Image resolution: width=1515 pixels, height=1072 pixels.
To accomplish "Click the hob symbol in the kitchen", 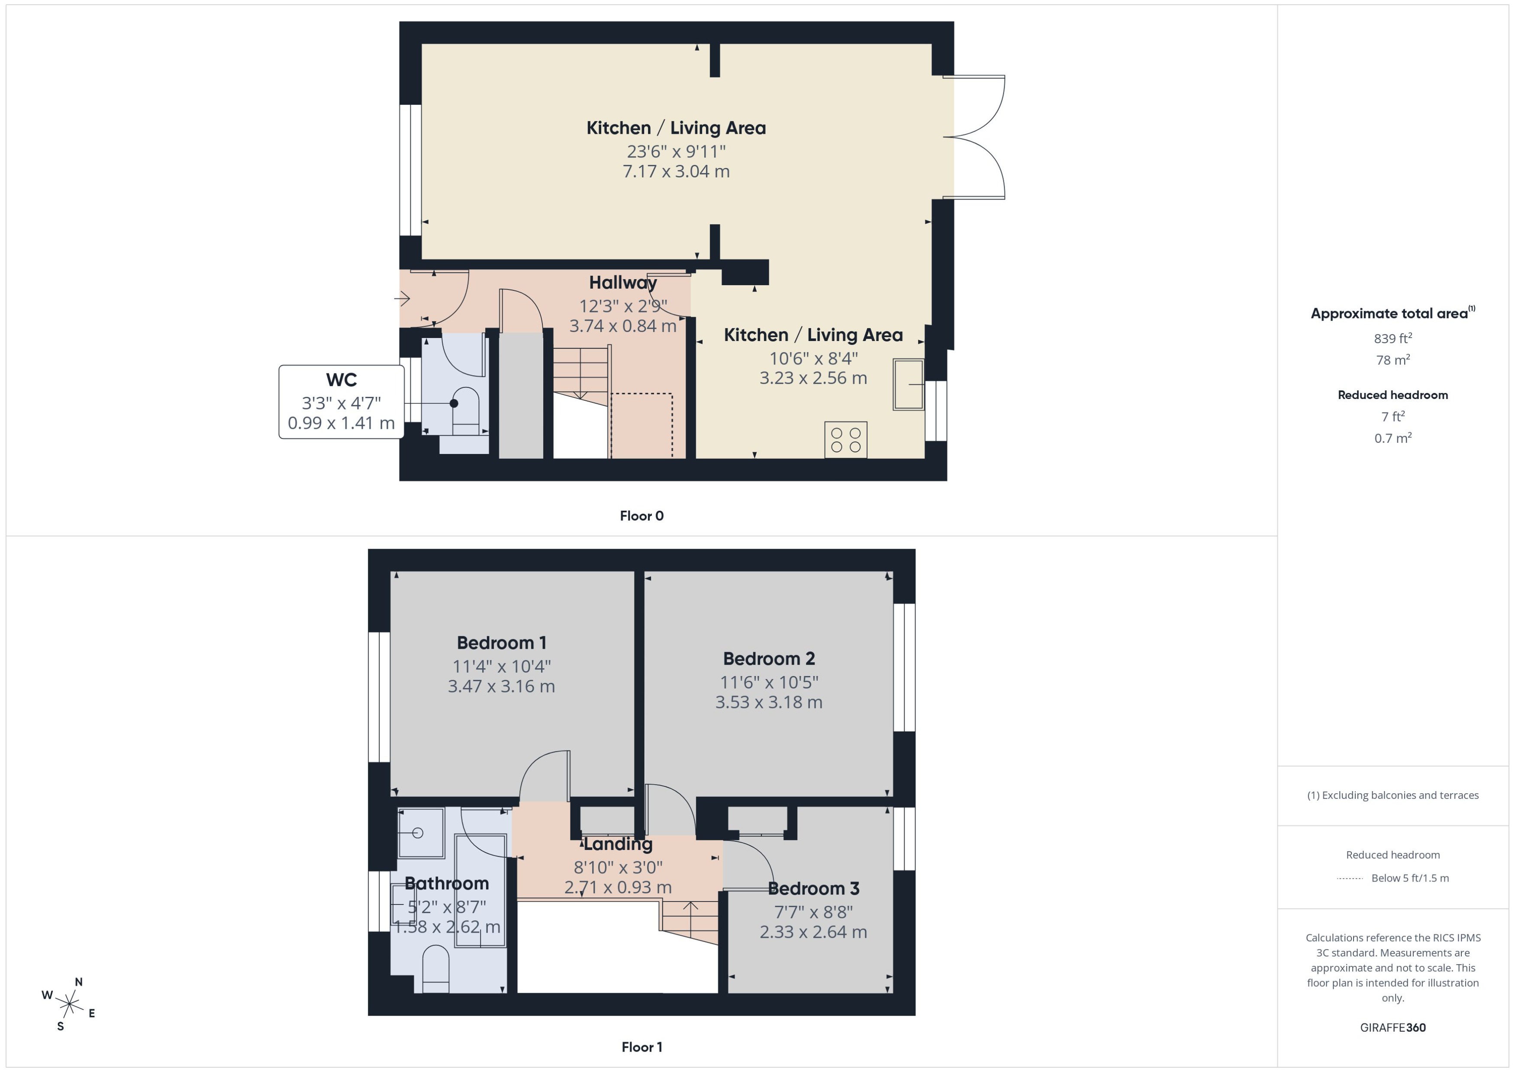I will coord(846,440).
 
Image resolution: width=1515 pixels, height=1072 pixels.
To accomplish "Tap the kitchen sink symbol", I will coord(908,384).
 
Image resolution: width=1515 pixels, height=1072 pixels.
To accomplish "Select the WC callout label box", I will coord(341,401).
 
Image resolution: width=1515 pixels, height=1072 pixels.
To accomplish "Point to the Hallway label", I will coord(622,283).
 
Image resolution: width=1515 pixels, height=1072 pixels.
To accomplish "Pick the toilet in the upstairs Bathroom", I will coord(435,969).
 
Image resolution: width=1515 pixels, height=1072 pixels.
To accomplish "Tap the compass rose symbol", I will coord(69,1004).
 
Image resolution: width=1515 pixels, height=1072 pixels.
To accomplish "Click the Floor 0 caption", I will coord(641,515).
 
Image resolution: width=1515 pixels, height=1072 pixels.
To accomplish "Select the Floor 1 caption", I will coord(641,1047).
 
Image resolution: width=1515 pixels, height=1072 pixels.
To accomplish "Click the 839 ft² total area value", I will coord(1392,338).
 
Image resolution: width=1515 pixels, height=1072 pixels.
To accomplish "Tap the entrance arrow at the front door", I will coord(403,298).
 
